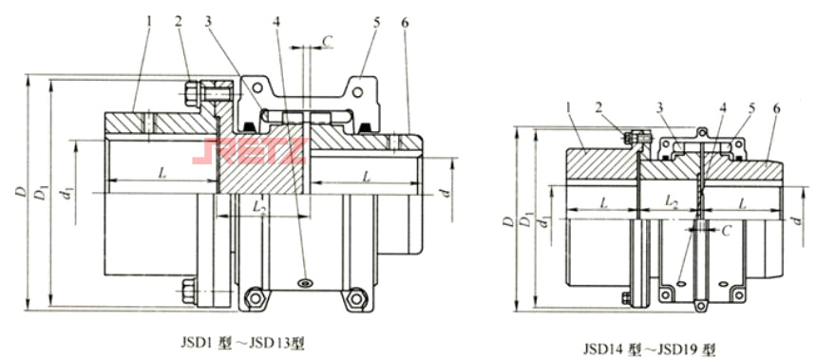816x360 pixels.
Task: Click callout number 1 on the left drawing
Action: (x=148, y=23)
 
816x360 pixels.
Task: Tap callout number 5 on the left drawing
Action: (x=376, y=23)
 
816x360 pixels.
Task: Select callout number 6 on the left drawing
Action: (x=406, y=23)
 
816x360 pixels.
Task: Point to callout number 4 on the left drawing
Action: (x=276, y=23)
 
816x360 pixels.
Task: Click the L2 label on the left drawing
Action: (x=260, y=206)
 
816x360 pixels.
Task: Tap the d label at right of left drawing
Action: (x=445, y=193)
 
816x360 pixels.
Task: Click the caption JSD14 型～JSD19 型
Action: (x=649, y=348)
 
